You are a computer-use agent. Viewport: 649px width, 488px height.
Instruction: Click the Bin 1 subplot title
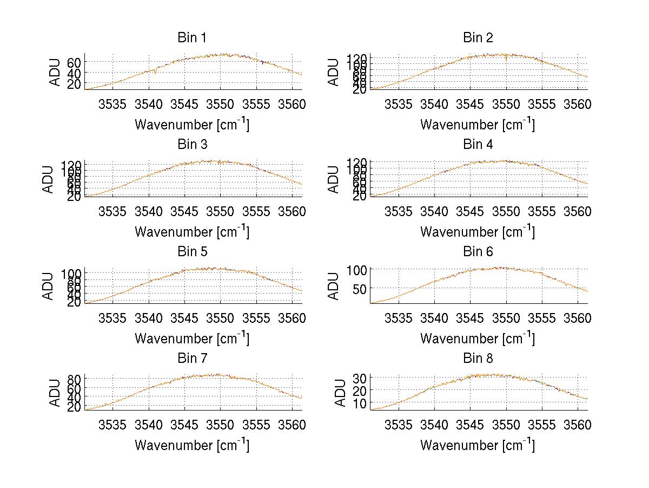click(192, 38)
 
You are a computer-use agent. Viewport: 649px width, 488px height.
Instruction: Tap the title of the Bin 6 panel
click(478, 252)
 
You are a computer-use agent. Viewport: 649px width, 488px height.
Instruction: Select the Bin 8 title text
click(478, 359)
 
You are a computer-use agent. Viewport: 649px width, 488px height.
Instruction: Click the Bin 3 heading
click(192, 145)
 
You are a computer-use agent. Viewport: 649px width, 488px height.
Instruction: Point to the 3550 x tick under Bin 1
click(221, 103)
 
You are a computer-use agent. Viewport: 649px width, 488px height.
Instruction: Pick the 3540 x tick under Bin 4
click(434, 211)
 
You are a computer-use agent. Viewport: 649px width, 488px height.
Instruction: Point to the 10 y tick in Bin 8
click(360, 403)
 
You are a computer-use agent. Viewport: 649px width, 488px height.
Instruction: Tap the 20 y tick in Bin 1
click(75, 84)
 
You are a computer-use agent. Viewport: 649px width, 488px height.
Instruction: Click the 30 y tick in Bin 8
click(360, 378)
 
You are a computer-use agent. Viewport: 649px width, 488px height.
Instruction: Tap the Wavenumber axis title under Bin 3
click(192, 232)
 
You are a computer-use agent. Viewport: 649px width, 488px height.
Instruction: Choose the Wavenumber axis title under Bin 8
click(478, 445)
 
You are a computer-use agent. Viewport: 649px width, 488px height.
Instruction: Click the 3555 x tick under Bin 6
click(542, 317)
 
